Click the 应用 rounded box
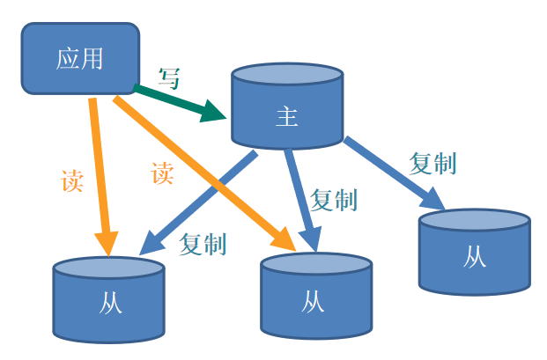tap(80, 59)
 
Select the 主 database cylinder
tap(286, 107)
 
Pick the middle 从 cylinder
tap(315, 297)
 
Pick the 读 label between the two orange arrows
tap(162, 173)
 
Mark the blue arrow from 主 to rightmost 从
tap(392, 173)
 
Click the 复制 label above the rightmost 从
tap(433, 163)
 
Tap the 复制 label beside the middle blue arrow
tap(334, 200)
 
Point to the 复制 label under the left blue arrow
tap(203, 244)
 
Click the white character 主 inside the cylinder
tap(286, 118)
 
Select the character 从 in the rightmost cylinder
tap(474, 257)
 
